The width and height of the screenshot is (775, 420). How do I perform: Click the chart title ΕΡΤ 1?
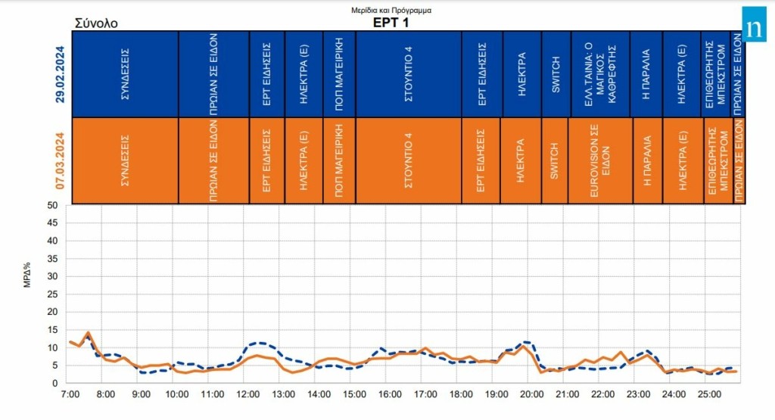[391, 23]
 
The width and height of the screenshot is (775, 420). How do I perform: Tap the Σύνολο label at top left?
[96, 23]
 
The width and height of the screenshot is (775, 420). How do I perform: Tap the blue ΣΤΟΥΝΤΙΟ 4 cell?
[409, 74]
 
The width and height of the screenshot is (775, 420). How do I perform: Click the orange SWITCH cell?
[555, 160]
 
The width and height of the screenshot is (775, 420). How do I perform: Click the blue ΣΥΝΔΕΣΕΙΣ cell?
[125, 74]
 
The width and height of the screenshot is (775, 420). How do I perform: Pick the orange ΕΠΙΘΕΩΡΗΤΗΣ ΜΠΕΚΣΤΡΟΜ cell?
[716, 160]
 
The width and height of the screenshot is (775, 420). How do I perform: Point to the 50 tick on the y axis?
[51, 205]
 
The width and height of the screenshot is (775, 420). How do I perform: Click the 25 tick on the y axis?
[51, 294]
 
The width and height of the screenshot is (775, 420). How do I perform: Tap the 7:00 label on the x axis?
[70, 394]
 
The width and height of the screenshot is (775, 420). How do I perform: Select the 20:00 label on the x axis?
[532, 394]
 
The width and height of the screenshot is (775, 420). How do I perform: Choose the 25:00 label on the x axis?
[710, 394]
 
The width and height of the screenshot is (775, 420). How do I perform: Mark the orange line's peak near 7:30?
[88, 332]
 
